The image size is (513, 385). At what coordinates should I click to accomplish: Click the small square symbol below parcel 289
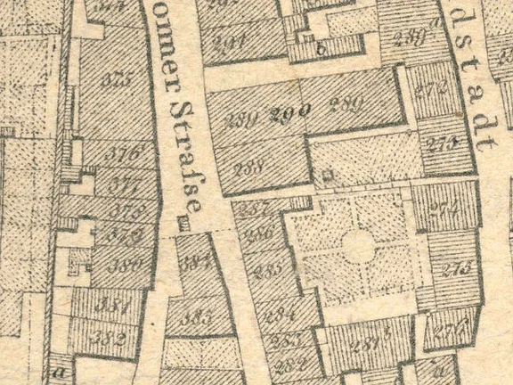327,176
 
